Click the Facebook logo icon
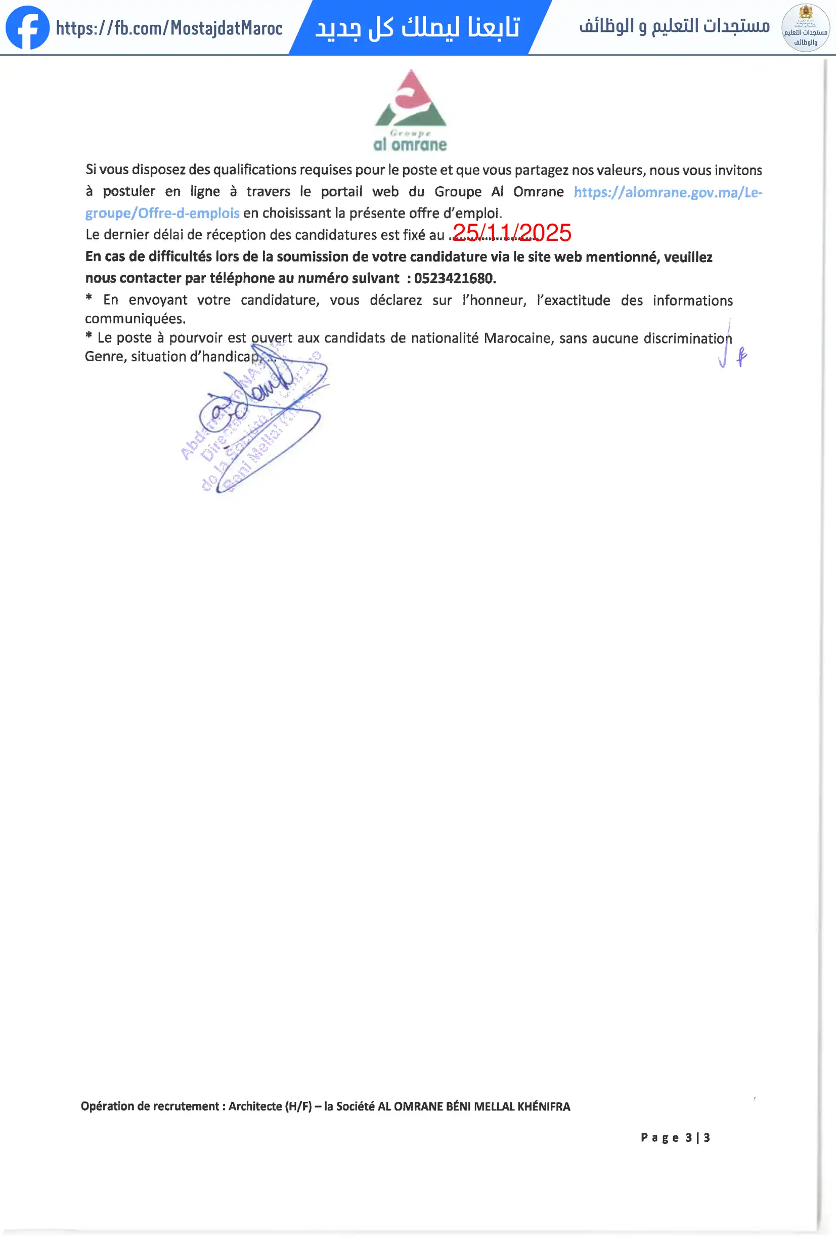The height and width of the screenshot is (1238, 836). coord(27,28)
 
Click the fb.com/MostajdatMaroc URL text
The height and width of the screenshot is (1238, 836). coord(169,28)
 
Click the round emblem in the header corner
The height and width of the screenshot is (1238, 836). coord(805,28)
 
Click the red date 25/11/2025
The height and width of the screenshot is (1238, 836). coord(512,233)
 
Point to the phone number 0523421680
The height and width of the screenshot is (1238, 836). coord(454,278)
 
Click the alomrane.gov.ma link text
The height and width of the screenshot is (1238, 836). coord(668,192)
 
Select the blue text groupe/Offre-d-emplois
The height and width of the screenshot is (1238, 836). coord(162,213)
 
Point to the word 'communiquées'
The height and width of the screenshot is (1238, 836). coord(135,319)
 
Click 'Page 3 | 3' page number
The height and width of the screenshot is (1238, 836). coord(675,1138)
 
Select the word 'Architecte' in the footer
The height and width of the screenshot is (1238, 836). coord(255,1106)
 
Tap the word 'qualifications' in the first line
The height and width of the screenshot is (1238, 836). coord(254,170)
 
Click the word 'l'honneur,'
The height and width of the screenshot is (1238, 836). coord(494,301)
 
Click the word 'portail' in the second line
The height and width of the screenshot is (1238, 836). coord(341,192)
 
